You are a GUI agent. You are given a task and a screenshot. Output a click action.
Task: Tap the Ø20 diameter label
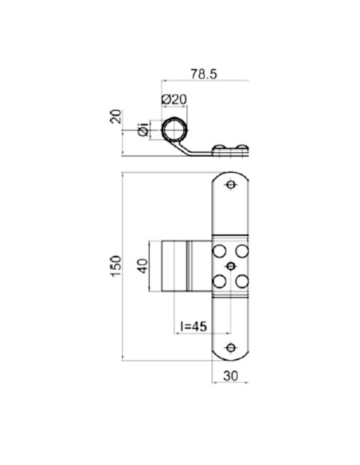coord(173,99)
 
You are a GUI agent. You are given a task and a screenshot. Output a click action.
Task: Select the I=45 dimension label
coord(194,325)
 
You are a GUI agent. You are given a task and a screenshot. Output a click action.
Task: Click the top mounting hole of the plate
coord(231,186)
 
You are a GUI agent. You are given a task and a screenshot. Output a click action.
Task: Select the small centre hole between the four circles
coord(230,265)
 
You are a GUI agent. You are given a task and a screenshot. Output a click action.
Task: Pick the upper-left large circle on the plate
coord(217,251)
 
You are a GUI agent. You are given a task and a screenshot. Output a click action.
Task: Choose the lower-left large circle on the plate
coord(217,279)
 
